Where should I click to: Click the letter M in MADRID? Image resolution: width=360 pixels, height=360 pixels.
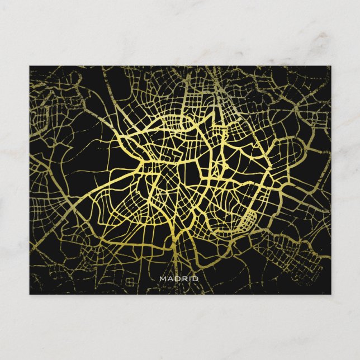pos(163,278)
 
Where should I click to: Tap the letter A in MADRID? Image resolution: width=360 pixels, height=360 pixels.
pos(170,278)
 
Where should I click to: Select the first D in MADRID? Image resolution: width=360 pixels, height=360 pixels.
pos(177,278)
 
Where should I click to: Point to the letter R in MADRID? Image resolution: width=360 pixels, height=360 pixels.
pos(184,278)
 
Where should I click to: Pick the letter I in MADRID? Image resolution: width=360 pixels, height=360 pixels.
pos(190,278)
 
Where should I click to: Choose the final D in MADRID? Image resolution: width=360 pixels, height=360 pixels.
pos(195,278)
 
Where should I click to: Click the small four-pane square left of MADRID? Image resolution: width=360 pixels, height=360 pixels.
pos(129,280)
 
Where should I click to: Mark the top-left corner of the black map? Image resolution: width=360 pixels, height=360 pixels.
pos(30,66)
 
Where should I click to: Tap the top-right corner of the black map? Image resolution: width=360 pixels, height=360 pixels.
pos(330,66)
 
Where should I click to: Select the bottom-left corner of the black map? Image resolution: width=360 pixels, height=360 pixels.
pos(30,294)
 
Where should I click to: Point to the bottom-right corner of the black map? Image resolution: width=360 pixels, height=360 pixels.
pos(330,294)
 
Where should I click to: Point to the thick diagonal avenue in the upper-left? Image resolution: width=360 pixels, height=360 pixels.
pos(78,95)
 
